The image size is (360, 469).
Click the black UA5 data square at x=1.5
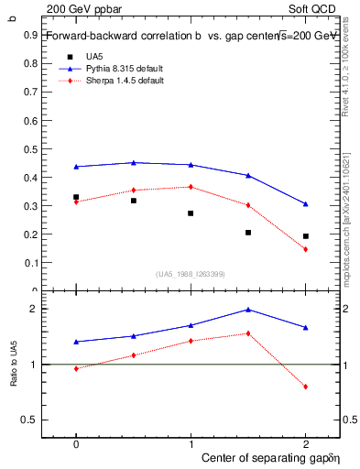[248, 233]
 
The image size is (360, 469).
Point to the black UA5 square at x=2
[306, 236]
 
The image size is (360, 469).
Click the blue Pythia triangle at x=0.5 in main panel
[134, 163]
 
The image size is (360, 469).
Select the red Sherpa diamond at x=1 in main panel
[191, 187]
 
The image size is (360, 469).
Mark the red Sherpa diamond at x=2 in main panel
[306, 249]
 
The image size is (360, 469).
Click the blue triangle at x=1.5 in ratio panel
[248, 310]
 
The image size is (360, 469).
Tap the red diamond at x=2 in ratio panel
[306, 387]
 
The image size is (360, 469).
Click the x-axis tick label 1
[191, 442]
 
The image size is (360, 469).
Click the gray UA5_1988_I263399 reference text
[191, 274]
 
